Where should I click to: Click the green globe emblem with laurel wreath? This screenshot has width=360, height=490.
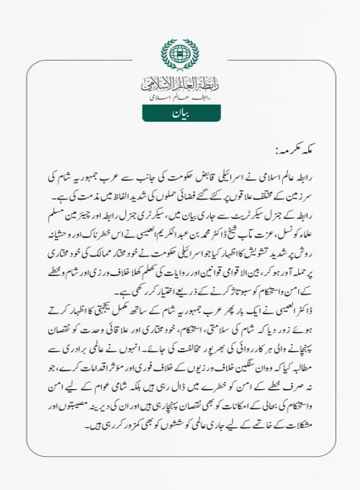pyautogui.click(x=180, y=54)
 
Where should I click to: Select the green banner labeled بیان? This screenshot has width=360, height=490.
pyautogui.click(x=180, y=115)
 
